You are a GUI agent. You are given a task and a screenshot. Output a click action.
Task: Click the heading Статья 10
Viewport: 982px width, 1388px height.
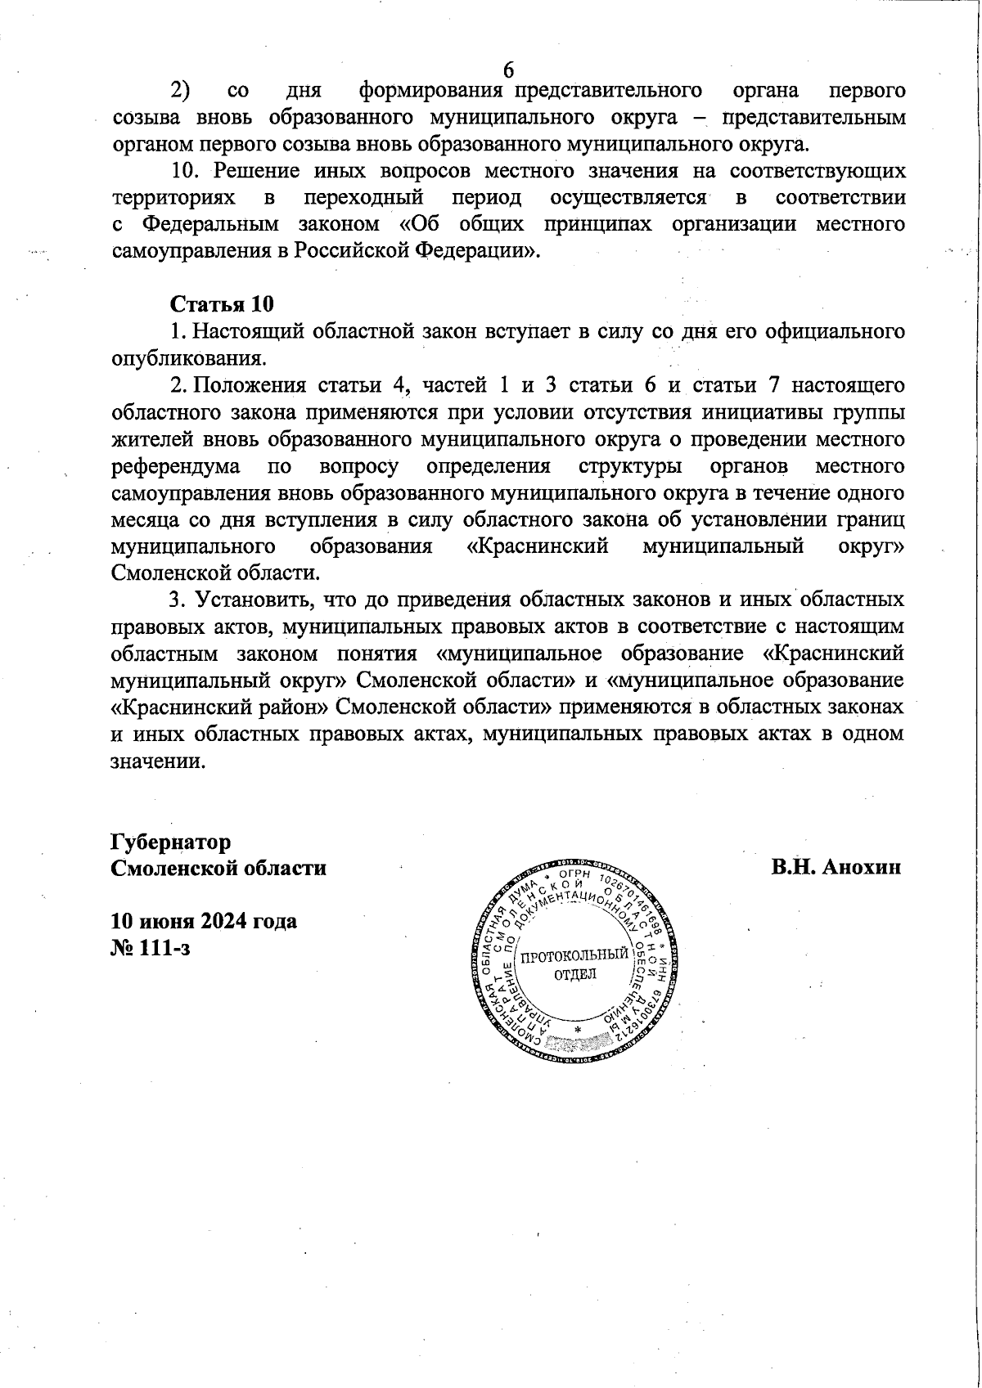[x=221, y=304]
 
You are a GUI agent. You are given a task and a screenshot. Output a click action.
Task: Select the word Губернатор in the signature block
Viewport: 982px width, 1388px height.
[x=171, y=842]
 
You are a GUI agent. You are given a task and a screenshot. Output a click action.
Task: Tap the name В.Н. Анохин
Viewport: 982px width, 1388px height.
[x=836, y=867]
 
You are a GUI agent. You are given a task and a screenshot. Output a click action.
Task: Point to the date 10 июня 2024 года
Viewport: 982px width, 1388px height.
[x=204, y=921]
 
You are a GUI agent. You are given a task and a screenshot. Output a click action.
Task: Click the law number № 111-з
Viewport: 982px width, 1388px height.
[x=151, y=948]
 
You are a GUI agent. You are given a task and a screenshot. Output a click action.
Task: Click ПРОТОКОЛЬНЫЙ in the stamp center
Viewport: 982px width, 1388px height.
[x=575, y=955]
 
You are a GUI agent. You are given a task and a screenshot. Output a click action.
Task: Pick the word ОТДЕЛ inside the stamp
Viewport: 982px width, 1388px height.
[x=575, y=973]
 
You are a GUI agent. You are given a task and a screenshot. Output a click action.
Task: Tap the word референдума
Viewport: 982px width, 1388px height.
[x=175, y=467]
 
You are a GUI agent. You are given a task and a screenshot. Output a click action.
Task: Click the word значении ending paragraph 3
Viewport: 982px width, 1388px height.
[x=155, y=761]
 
